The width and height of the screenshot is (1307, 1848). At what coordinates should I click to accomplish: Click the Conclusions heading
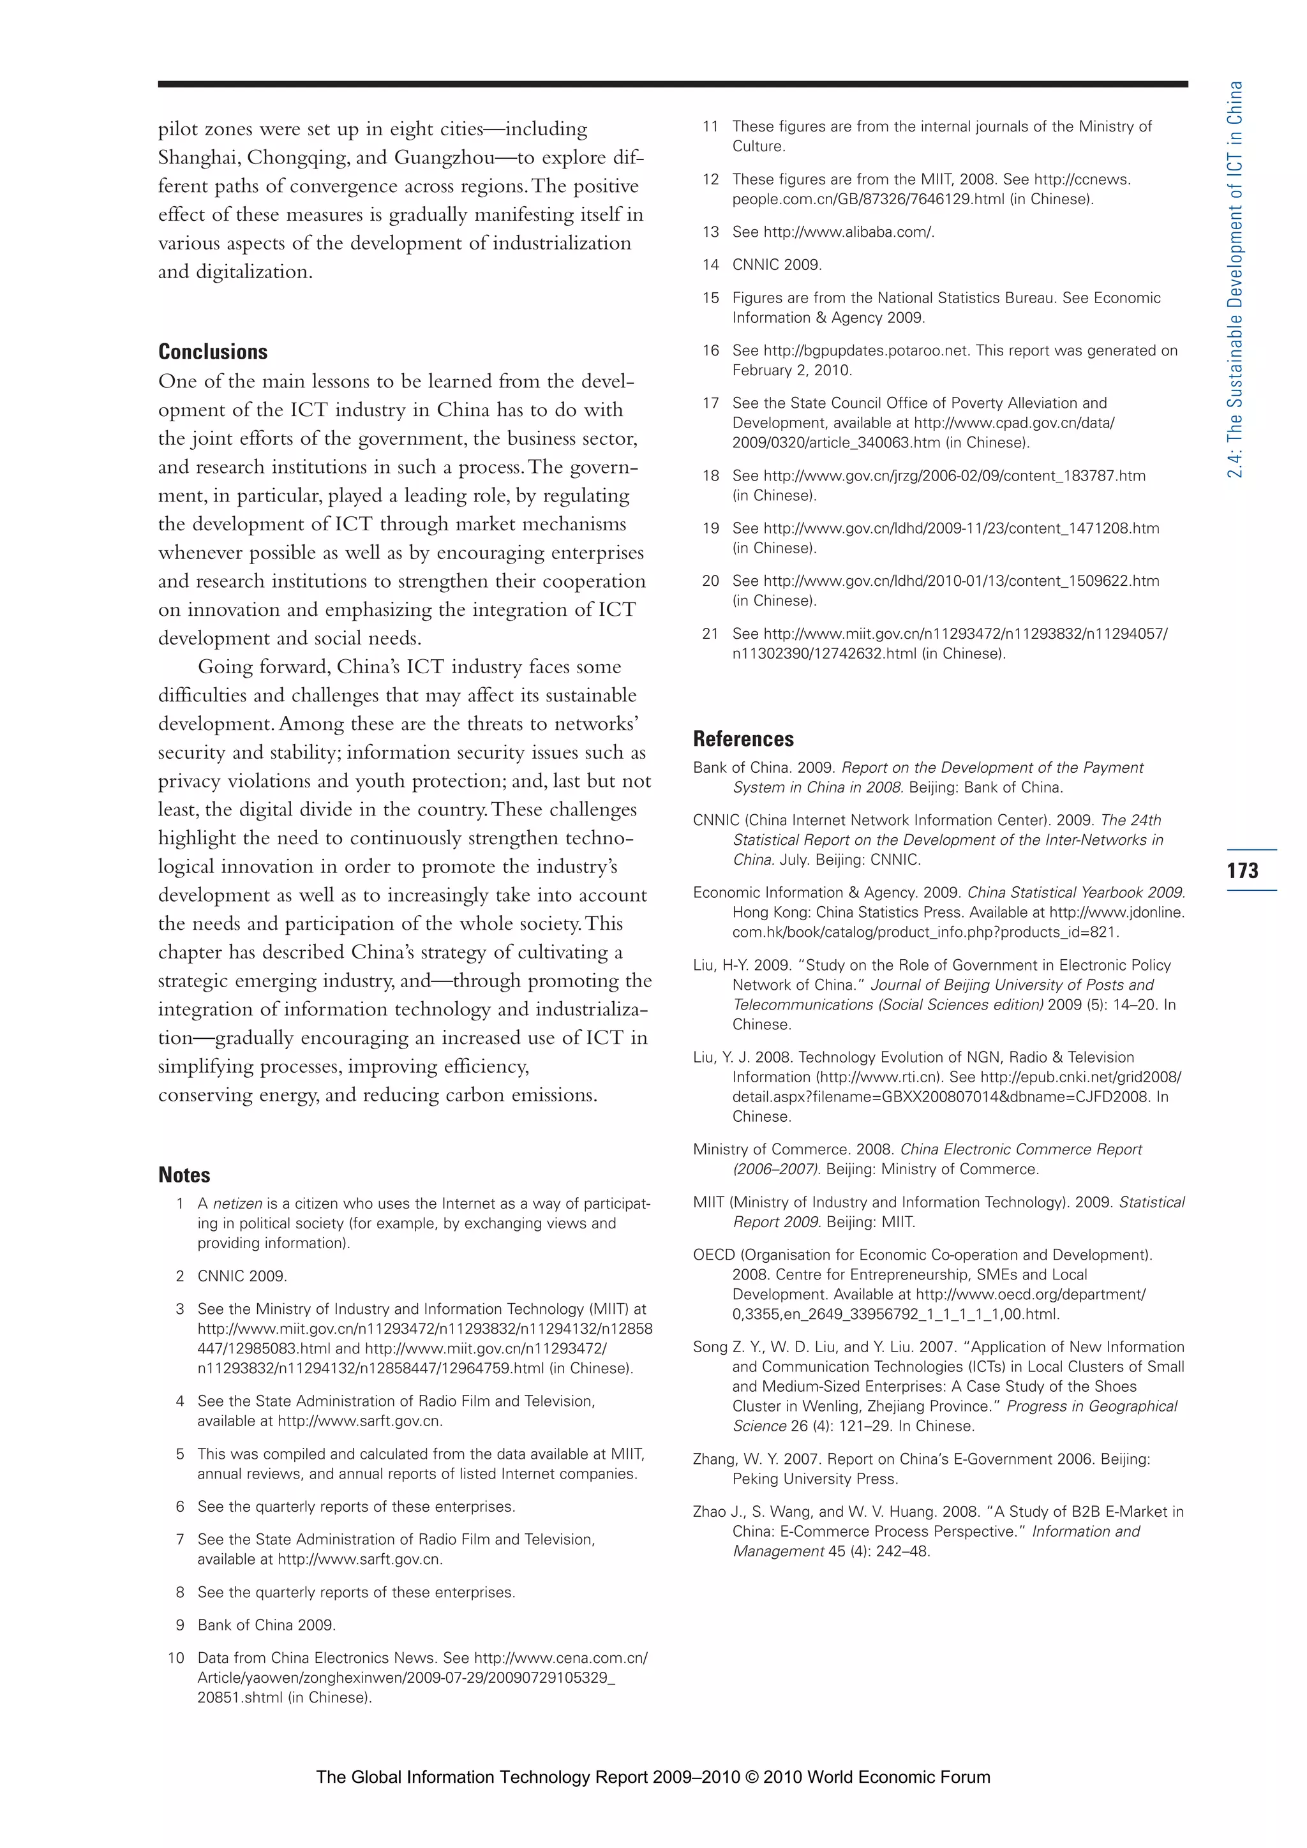[x=213, y=352]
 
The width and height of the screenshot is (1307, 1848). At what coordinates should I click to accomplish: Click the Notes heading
[x=184, y=1175]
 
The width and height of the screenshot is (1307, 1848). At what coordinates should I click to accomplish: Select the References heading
[x=743, y=739]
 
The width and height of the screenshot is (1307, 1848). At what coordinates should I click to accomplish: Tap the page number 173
[x=1243, y=870]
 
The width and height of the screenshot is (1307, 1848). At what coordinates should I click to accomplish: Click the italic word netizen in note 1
[x=237, y=1203]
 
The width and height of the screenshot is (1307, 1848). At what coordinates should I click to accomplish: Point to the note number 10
[x=176, y=1658]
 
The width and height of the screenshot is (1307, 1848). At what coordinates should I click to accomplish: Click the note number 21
[x=709, y=634]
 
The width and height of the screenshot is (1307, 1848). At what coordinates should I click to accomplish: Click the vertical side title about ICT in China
[x=1235, y=279]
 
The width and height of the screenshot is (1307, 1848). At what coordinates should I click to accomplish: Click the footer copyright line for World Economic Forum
[x=653, y=1777]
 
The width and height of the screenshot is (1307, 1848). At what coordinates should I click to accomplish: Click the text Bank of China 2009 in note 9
[x=266, y=1625]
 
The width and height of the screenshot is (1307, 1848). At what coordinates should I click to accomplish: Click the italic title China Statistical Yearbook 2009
[x=1075, y=893]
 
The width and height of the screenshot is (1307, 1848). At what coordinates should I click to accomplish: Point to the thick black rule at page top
[x=672, y=84]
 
